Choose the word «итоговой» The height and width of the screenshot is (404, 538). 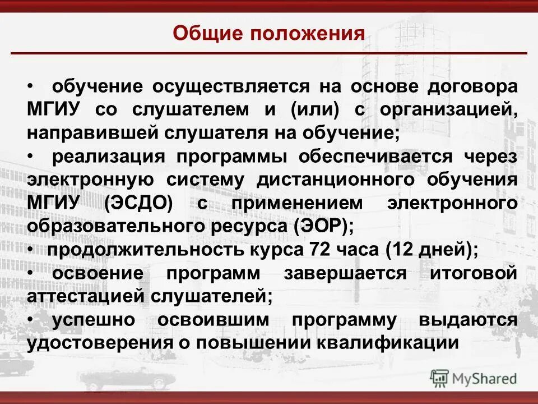click(473, 273)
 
